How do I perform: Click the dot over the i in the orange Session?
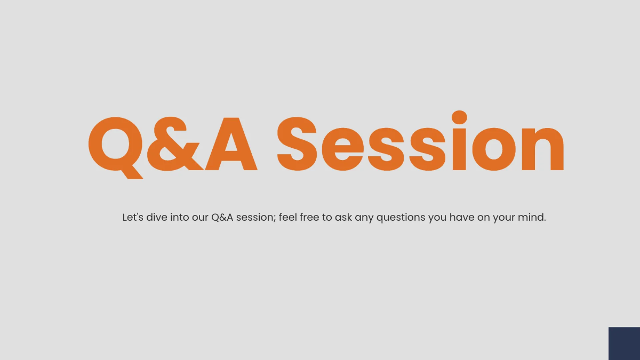459,117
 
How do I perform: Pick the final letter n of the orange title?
543,149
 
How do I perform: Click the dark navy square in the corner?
625,343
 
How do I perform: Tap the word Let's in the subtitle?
133,218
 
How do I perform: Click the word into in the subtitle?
179,218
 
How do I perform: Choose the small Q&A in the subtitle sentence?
222,218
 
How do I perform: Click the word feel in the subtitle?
288,218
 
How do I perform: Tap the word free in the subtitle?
309,218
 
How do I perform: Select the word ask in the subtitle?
343,218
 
